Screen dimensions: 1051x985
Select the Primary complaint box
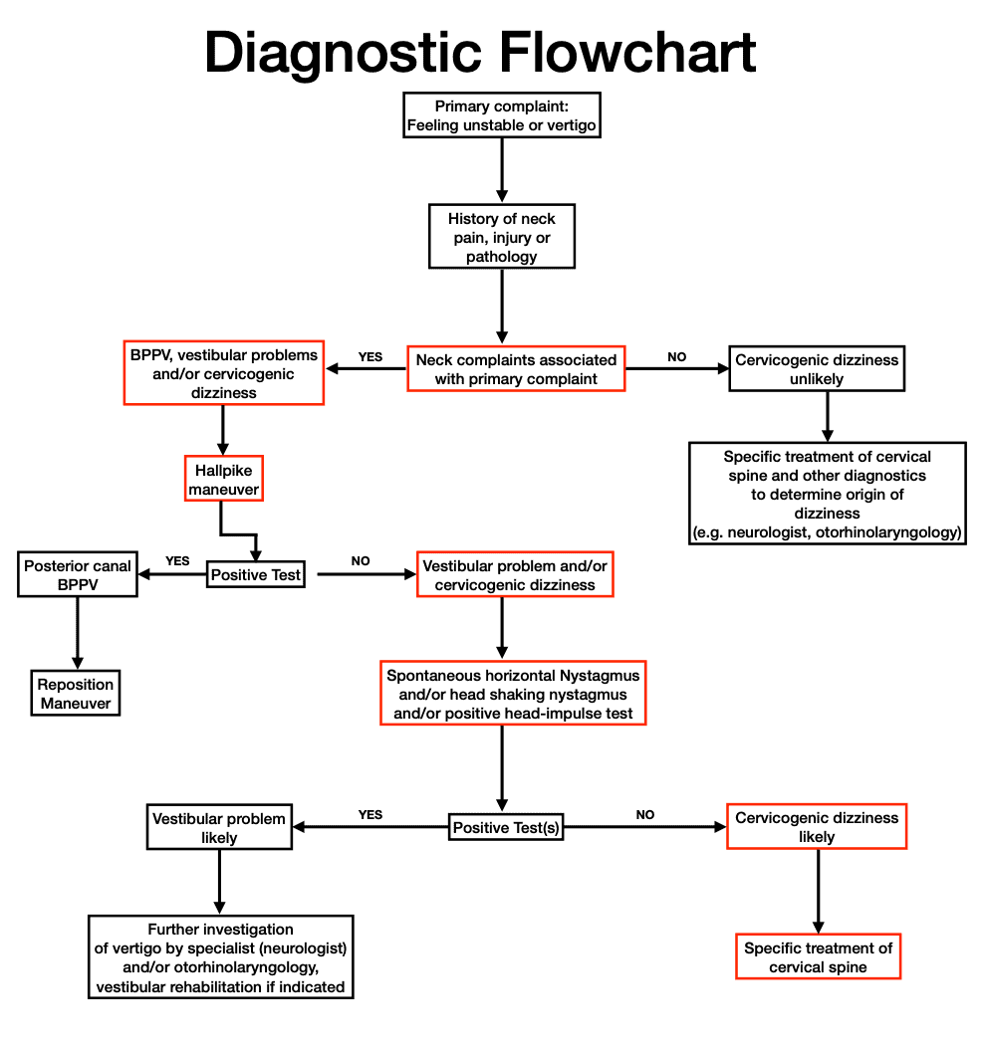click(x=501, y=116)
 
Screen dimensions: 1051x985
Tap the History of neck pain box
click(x=501, y=237)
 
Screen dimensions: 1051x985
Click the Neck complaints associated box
click(x=516, y=369)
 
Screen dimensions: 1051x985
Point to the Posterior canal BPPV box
click(x=78, y=575)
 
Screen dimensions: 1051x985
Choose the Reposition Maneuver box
click(x=76, y=694)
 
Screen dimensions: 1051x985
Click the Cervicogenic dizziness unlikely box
click(x=817, y=369)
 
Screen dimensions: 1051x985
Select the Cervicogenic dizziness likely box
click(x=817, y=827)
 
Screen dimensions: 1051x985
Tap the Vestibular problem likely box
click(x=219, y=828)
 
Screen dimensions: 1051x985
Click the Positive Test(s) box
click(x=506, y=827)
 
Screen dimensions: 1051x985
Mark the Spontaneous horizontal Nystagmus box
click(x=513, y=694)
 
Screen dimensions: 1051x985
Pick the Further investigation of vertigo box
click(x=220, y=957)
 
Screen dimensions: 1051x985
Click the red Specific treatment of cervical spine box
click(x=819, y=957)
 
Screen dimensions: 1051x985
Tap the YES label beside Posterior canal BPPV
click(x=177, y=561)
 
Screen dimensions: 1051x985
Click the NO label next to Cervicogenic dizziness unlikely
click(x=677, y=356)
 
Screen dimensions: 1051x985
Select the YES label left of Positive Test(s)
click(x=369, y=814)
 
